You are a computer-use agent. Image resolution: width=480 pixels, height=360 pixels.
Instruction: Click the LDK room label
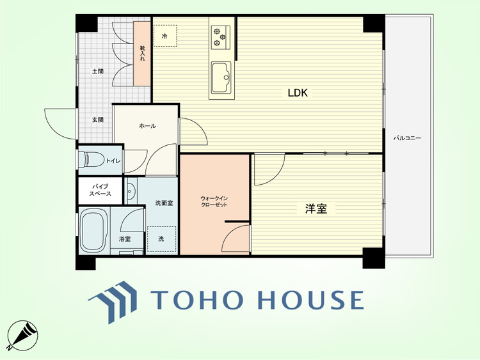tap(298, 92)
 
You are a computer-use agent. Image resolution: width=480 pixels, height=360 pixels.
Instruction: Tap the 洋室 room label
tap(316, 208)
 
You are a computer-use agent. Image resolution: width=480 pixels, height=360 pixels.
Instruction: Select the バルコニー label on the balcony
tap(407, 138)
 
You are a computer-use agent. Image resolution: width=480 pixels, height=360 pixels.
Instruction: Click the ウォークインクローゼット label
tap(214, 201)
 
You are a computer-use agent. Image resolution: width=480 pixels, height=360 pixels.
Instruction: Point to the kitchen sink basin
tap(221, 77)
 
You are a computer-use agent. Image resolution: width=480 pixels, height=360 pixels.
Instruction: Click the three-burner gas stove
tap(220, 37)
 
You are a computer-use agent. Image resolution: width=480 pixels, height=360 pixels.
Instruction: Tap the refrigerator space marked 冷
tap(165, 36)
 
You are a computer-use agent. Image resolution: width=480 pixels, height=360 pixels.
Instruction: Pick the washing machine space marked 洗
tap(161, 239)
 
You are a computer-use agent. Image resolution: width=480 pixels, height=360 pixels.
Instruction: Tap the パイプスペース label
tap(100, 190)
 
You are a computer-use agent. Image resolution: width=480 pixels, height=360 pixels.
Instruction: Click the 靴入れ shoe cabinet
tap(142, 54)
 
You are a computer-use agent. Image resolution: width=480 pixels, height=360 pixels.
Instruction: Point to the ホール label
tap(148, 126)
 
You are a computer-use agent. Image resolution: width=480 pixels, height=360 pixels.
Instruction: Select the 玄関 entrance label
tap(98, 120)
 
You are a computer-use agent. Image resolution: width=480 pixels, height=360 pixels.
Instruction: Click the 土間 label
tap(98, 71)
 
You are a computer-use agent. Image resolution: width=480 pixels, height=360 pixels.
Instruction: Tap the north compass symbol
tap(22, 336)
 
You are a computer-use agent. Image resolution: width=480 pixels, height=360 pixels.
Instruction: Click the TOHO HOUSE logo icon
tap(113, 302)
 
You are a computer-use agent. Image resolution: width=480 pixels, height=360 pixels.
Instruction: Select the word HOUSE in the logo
tap(310, 300)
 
